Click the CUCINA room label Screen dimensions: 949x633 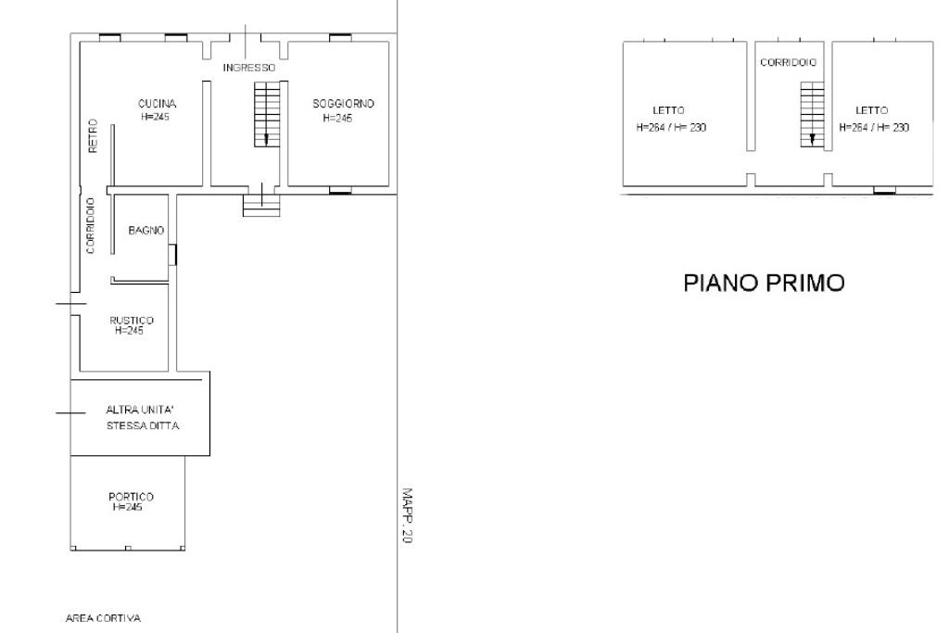[x=157, y=104]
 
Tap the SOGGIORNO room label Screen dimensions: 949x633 [x=343, y=104]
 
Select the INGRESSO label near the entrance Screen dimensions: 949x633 [x=248, y=67]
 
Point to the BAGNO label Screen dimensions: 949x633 [x=146, y=230]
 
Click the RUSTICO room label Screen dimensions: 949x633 [x=132, y=320]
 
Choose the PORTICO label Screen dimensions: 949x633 [x=131, y=496]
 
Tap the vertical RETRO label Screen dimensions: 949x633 [x=93, y=135]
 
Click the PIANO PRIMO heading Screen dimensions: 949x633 [x=764, y=283]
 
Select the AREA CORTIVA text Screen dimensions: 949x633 [x=103, y=618]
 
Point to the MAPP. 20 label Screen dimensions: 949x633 [x=407, y=515]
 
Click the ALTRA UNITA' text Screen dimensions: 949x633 [x=140, y=410]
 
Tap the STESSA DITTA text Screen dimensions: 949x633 [x=143, y=425]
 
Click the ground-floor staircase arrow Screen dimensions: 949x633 [x=266, y=140]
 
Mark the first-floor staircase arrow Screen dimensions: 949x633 [x=812, y=140]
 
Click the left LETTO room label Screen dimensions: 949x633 [x=668, y=110]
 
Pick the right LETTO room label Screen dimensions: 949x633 [x=871, y=110]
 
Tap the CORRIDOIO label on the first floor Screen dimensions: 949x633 [x=788, y=62]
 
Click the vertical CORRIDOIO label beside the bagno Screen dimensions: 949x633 [x=91, y=226]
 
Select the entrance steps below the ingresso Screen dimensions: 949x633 [x=261, y=205]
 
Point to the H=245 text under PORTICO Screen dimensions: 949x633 [x=127, y=507]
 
